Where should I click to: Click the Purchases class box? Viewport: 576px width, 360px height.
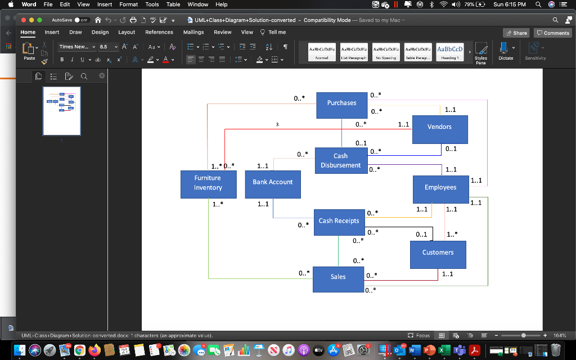pos(341,105)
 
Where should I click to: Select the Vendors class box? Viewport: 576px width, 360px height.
pos(439,129)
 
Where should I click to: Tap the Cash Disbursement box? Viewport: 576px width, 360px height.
pos(340,161)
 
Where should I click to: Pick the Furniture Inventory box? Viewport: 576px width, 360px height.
pos(208,184)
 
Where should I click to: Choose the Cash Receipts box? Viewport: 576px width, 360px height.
pos(339,222)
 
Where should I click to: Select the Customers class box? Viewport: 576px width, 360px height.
pos(438,254)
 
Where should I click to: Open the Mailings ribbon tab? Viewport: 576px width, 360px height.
pos(193,33)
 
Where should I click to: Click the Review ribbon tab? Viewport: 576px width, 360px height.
pos(223,33)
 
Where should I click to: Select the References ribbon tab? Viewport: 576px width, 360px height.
pos(159,33)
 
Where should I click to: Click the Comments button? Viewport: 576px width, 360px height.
pos(552,33)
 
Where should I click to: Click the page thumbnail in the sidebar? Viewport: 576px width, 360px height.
pos(62,111)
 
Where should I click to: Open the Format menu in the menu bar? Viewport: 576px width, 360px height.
pos(128,4)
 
